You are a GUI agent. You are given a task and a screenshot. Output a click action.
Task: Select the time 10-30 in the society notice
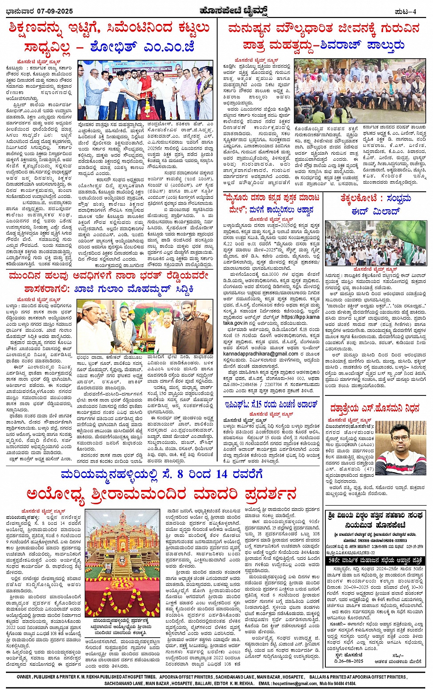coord(417,587)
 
